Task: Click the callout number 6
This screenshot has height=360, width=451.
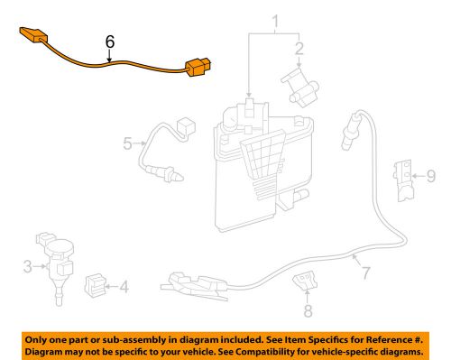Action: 110,42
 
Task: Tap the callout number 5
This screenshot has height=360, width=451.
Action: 128,142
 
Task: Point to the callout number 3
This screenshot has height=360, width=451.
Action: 27,265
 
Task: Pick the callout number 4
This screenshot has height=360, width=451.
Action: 123,288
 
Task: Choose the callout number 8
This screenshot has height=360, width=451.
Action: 308,311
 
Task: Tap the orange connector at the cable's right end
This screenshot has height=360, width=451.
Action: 198,68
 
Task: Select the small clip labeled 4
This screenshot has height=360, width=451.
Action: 95,287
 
